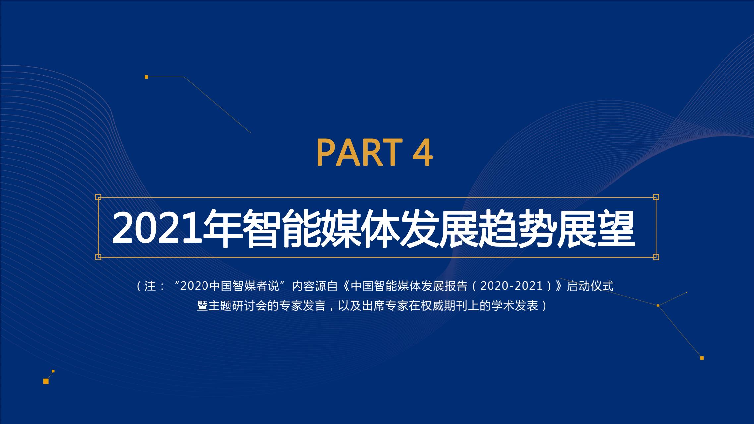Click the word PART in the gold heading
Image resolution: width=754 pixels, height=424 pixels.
pyautogui.click(x=359, y=153)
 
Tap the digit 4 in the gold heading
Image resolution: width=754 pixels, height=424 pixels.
pyautogui.click(x=422, y=153)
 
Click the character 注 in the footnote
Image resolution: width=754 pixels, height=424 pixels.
pyautogui.click(x=150, y=286)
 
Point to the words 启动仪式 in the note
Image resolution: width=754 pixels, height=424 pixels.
pyautogui.click(x=590, y=286)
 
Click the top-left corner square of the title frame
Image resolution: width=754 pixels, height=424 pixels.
pyautogui.click(x=98, y=197)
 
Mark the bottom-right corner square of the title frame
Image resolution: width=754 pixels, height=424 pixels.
pyautogui.click(x=656, y=257)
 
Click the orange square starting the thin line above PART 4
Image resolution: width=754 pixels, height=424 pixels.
pyautogui.click(x=146, y=77)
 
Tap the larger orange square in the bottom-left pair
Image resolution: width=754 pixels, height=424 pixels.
pyautogui.click(x=46, y=381)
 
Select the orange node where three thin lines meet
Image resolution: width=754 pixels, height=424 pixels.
pyautogui.click(x=658, y=305)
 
